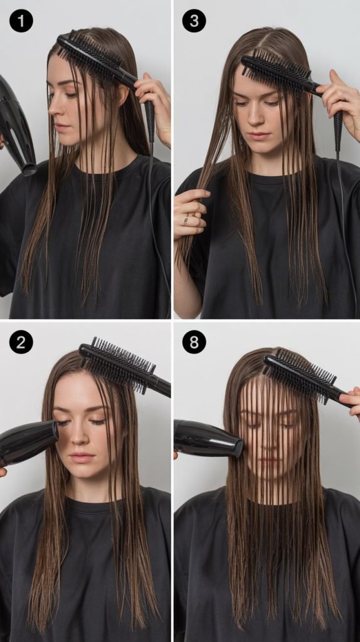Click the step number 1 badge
pyautogui.click(x=21, y=21)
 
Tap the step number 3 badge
pyautogui.click(x=194, y=21)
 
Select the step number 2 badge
pyautogui.click(x=21, y=342)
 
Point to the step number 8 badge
pyautogui.click(x=194, y=342)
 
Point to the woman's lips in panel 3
pyautogui.click(x=260, y=136)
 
